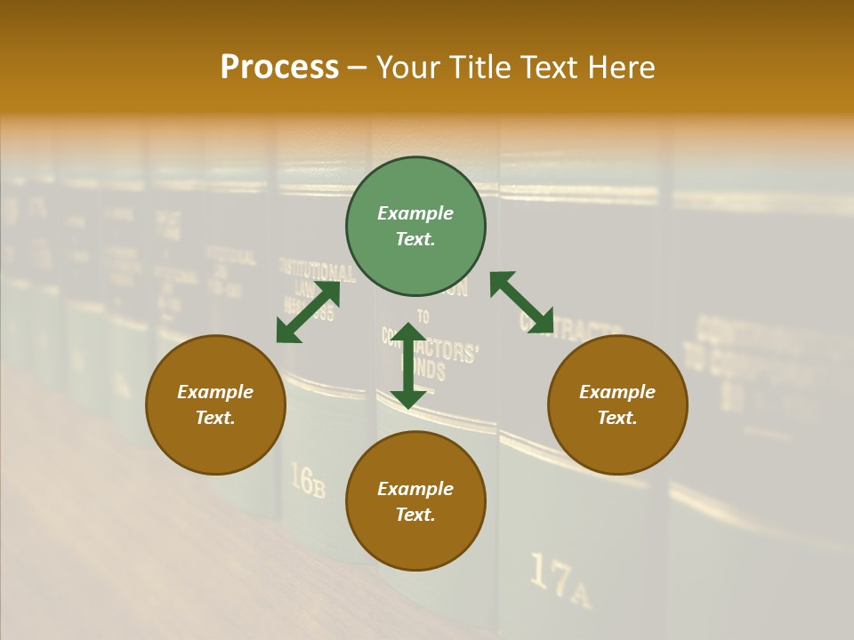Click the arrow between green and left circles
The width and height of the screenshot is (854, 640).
pyautogui.click(x=308, y=312)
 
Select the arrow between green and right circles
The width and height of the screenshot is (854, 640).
pyautogui.click(x=521, y=303)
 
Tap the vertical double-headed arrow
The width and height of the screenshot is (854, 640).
pyautogui.click(x=408, y=365)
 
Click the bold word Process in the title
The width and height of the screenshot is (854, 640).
pyautogui.click(x=279, y=68)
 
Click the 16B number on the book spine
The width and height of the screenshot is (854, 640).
pyautogui.click(x=308, y=481)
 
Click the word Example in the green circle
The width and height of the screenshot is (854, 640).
pyautogui.click(x=415, y=213)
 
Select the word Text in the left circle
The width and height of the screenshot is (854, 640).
pyautogui.click(x=215, y=418)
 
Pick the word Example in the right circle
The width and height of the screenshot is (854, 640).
pyautogui.click(x=617, y=392)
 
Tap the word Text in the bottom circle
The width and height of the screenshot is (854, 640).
pyautogui.click(x=415, y=515)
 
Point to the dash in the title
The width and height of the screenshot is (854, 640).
pyautogui.click(x=358, y=68)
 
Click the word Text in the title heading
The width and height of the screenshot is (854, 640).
pyautogui.click(x=550, y=68)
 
